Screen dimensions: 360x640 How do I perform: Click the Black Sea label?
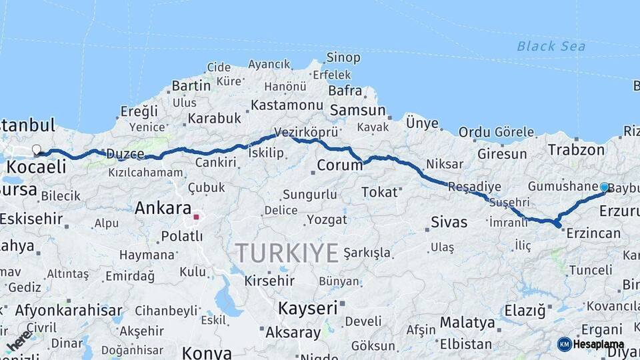pyautogui.click(x=551, y=46)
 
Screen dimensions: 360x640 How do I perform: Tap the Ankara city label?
pyautogui.click(x=163, y=209)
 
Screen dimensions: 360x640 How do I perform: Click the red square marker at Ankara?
pyautogui.click(x=196, y=217)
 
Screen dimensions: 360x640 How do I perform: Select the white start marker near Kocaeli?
pyautogui.click(x=36, y=150)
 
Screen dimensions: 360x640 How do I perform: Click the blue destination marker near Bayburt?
pyautogui.click(x=604, y=187)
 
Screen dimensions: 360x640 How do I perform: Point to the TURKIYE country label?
pyautogui.click(x=287, y=253)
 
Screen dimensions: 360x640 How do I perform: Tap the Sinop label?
pyautogui.click(x=343, y=58)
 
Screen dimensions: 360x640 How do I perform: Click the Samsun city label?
pyautogui.click(x=357, y=111)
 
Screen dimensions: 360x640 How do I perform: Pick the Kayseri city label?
pyautogui.click(x=307, y=308)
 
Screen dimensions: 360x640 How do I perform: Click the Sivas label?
pyautogui.click(x=449, y=222)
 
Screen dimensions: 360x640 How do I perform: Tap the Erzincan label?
pyautogui.click(x=593, y=233)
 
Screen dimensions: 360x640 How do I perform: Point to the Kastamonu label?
pyautogui.click(x=287, y=105)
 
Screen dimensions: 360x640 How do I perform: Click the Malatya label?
pyautogui.click(x=467, y=323)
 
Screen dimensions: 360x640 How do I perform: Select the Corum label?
pyautogui.click(x=339, y=165)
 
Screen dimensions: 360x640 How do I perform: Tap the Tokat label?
pyautogui.click(x=379, y=193)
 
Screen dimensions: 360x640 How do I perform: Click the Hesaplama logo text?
pyautogui.click(x=598, y=344)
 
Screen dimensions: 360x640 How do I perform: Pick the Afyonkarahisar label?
pyautogui.click(x=69, y=310)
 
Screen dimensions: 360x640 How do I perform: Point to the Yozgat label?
pyautogui.click(x=327, y=219)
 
